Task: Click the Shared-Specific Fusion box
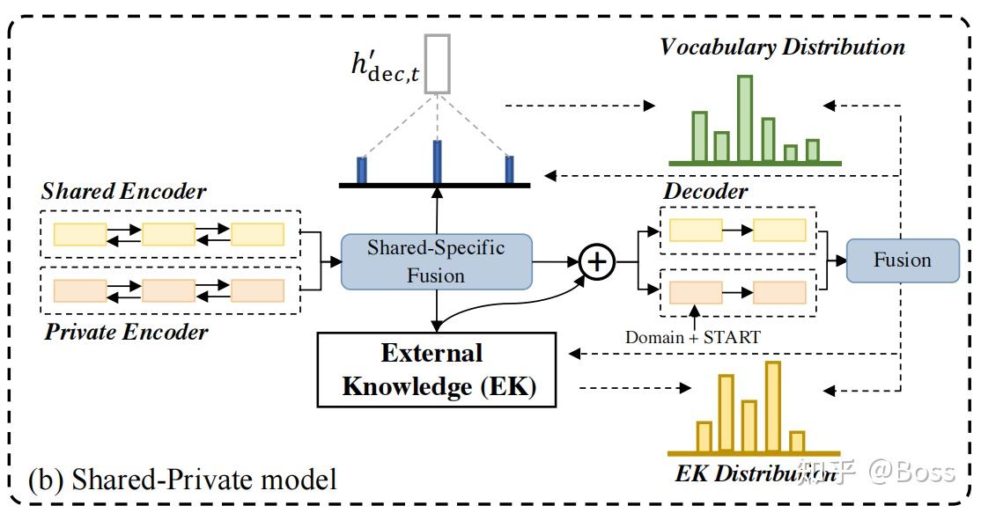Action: tap(436, 261)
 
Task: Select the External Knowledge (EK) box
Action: tap(437, 370)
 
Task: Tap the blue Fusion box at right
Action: tap(902, 260)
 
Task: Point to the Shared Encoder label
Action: tap(123, 191)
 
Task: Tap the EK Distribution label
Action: tap(755, 473)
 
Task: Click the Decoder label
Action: tap(705, 191)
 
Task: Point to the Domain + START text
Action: tap(691, 336)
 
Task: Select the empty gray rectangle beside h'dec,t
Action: tap(437, 63)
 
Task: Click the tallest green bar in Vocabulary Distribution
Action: tap(745, 119)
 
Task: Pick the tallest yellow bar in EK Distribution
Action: tap(773, 406)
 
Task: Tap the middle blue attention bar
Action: tap(437, 161)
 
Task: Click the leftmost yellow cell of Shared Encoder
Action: tap(80, 233)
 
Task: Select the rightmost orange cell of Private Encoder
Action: tap(257, 290)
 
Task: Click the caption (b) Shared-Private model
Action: tap(182, 480)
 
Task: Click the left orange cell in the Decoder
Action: tap(696, 292)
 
